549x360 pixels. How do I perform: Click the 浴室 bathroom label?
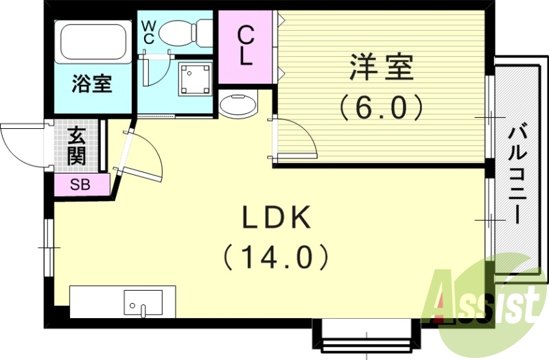tap(93, 84)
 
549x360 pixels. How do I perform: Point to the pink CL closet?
tap(246, 45)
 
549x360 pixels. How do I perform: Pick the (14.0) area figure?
tap(276, 257)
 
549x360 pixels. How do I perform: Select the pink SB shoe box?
tap(81, 184)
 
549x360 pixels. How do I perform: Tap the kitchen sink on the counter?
tap(143, 302)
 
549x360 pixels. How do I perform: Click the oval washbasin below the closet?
tap(238, 106)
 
